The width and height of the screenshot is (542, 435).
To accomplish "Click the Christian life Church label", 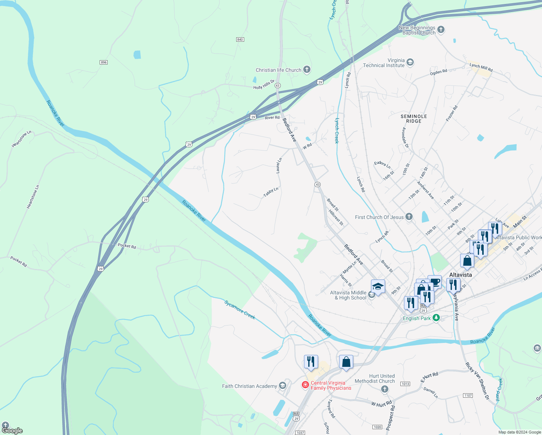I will [x=278, y=70].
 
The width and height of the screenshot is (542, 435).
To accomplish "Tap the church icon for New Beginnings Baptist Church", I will [x=441, y=30].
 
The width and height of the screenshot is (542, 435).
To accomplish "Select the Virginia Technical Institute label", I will [x=384, y=63].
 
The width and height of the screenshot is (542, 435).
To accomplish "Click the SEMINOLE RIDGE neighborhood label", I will [x=414, y=119].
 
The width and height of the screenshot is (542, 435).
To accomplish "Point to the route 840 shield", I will [x=240, y=40].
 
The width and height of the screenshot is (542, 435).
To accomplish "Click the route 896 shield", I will [x=104, y=62].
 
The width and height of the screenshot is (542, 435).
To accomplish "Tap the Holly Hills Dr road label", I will [x=264, y=85].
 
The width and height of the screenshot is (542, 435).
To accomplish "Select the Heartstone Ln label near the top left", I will [x=21, y=139].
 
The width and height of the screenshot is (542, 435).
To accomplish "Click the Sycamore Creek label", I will [x=240, y=310].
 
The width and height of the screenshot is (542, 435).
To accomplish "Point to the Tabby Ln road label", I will [x=271, y=192].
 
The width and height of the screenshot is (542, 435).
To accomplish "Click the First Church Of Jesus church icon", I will [x=409, y=217].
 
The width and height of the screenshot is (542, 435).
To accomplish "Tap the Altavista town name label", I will [x=460, y=275].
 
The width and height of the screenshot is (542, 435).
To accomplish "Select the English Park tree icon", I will [x=437, y=318].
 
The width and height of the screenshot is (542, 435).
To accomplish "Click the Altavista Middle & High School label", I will [x=348, y=295].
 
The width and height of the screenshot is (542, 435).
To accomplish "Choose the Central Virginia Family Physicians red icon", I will [x=305, y=385].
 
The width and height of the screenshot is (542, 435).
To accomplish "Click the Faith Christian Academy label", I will [x=249, y=386].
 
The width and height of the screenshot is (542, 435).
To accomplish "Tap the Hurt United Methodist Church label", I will [x=375, y=378].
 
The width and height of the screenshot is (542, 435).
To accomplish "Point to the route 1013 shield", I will [x=405, y=384].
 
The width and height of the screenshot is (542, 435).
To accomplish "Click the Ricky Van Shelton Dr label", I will [x=477, y=381].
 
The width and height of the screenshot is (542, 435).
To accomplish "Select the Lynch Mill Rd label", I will [x=481, y=67].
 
